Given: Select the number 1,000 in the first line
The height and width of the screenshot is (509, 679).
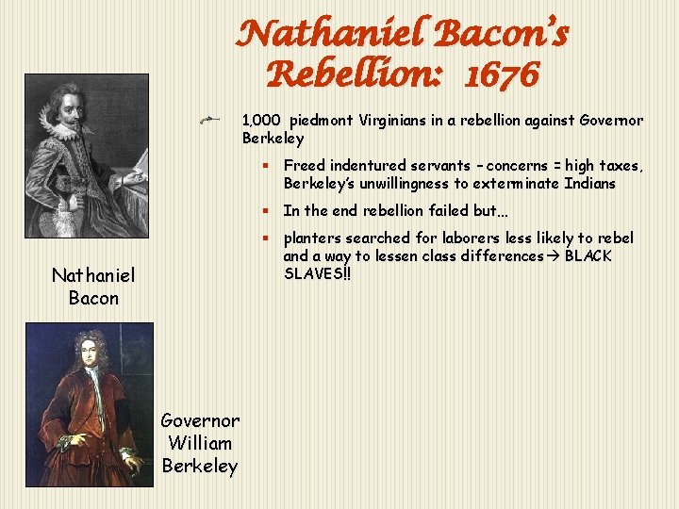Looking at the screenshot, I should point(261,121).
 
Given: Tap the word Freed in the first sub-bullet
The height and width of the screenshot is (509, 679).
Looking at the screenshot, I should point(305,166).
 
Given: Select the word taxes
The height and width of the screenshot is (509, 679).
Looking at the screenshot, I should point(621,166).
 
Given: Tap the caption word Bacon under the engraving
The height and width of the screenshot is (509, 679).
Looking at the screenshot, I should point(93,298).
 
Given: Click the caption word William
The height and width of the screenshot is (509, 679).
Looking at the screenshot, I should point(199,443).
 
